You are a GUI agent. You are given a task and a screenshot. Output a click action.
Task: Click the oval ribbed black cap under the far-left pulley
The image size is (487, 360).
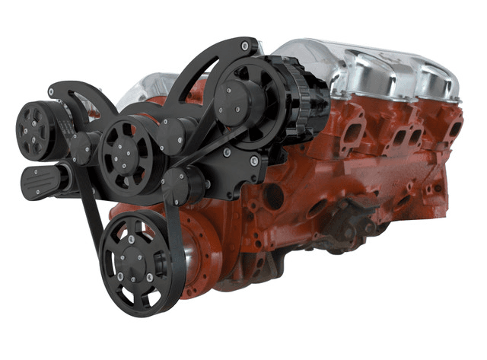[x=41, y=183]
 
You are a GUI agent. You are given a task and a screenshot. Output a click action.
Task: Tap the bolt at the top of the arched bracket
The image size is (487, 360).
[x=243, y=47]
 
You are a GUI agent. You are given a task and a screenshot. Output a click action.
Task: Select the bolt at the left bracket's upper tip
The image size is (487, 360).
[x=51, y=94]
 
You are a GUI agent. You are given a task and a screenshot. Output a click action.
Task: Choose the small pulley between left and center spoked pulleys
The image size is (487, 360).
[x=82, y=145]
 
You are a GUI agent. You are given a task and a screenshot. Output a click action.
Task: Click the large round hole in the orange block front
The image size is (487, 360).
[x=273, y=196]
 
